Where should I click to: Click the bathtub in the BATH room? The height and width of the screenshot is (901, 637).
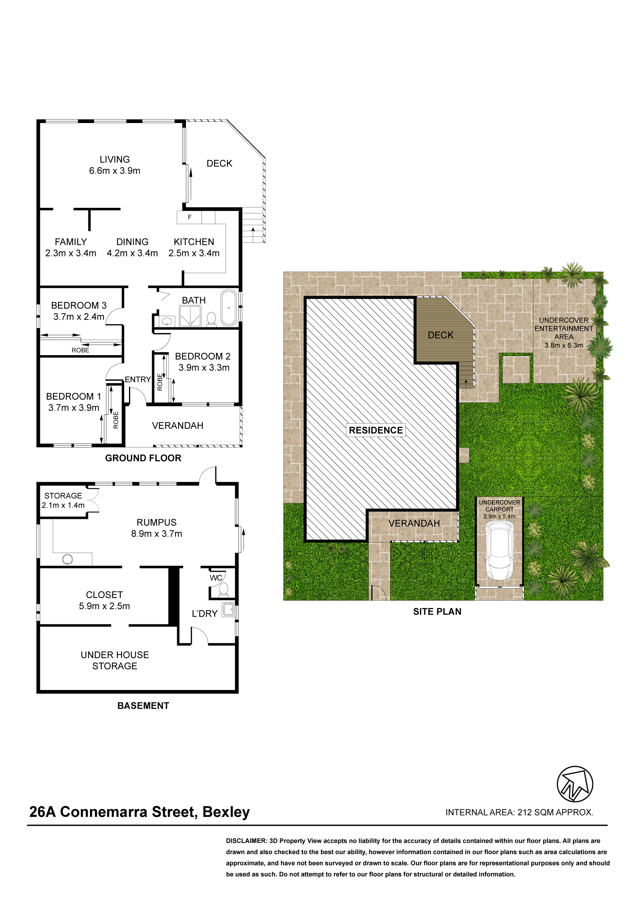click(x=229, y=308)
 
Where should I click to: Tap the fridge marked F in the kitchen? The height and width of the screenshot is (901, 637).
click(x=190, y=217)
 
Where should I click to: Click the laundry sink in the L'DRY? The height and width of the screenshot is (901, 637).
click(x=229, y=610)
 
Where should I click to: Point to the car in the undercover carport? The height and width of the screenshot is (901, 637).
click(x=499, y=551)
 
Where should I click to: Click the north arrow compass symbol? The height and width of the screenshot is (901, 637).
click(x=574, y=784)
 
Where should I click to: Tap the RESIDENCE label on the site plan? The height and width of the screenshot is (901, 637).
click(x=376, y=430)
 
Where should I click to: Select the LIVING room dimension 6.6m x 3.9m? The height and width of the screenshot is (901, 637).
click(x=115, y=171)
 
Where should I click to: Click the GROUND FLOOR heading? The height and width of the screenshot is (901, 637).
click(x=143, y=458)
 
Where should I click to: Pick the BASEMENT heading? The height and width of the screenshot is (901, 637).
click(x=143, y=706)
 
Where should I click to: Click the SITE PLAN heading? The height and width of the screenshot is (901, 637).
click(x=437, y=612)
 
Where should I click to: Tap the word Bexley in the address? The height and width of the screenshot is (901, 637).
click(x=226, y=812)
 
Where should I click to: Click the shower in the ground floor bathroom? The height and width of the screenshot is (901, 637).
click(x=190, y=316)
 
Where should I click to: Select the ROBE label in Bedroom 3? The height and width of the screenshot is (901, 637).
click(x=80, y=350)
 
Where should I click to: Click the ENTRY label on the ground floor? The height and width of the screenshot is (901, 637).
click(x=138, y=379)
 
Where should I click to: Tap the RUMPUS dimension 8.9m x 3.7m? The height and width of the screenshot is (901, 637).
click(x=156, y=534)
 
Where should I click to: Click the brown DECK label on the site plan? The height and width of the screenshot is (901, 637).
click(x=441, y=335)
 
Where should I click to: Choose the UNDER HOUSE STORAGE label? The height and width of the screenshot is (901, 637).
click(x=115, y=661)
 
